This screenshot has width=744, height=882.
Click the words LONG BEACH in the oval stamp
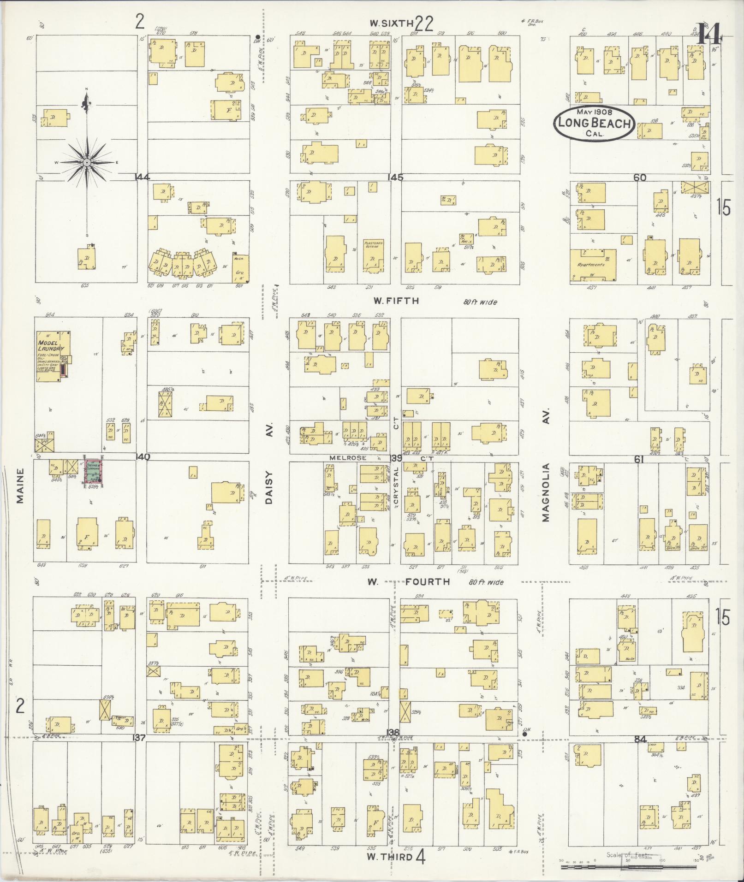(x=594, y=124)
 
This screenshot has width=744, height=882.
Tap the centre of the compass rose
(x=87, y=163)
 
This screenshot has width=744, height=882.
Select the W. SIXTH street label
(x=392, y=23)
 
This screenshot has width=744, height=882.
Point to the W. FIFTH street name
(x=396, y=301)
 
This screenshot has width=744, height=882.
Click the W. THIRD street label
(x=389, y=857)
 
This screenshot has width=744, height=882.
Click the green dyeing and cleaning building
(x=95, y=471)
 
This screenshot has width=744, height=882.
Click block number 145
(x=395, y=177)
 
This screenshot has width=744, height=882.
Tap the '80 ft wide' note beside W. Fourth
(x=486, y=582)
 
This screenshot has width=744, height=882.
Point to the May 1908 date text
(x=593, y=112)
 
